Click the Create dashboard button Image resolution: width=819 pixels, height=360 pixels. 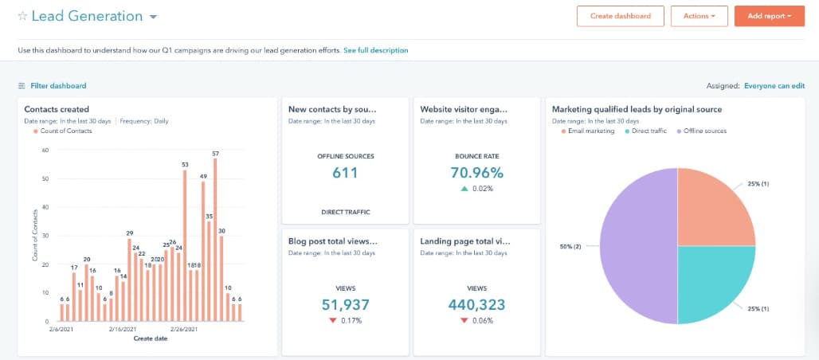[x=621, y=16]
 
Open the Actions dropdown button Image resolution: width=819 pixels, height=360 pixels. [x=699, y=16]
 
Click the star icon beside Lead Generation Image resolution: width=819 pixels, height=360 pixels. [x=22, y=16]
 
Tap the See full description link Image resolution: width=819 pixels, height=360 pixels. [x=376, y=51]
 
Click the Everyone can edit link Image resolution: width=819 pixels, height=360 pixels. [x=774, y=86]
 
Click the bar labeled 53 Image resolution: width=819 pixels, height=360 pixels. [x=184, y=245]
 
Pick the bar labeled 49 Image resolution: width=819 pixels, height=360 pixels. [x=203, y=252]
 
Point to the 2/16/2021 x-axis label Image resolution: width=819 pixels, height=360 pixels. [x=123, y=330]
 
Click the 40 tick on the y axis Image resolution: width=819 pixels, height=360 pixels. [x=45, y=207]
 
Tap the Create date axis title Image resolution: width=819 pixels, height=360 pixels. [x=151, y=338]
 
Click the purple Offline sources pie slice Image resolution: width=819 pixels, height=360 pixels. [x=638, y=246]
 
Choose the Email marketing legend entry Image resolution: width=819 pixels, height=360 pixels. [x=588, y=131]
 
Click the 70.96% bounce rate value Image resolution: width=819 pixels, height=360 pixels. [x=477, y=172]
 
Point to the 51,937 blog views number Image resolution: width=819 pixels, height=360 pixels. [x=345, y=304]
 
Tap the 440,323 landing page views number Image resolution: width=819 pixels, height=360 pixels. [x=477, y=304]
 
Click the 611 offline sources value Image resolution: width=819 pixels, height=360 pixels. [x=345, y=172]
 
